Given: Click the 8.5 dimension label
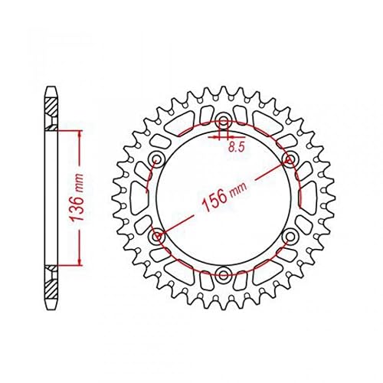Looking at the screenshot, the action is coord(237,147).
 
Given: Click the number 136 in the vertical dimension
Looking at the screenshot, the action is coord(77,208).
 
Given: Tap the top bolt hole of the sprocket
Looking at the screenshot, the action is coord(224,122).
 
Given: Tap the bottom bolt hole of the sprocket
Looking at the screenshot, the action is coord(224,274).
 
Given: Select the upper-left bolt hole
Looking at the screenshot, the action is coord(157,160).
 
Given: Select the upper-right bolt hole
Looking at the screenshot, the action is coord(290,160).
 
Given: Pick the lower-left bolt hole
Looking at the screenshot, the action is coord(157,237).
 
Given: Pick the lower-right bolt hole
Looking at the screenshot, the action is coord(290,237).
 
